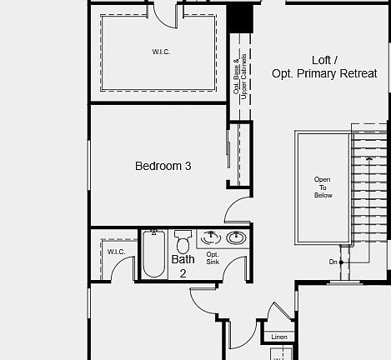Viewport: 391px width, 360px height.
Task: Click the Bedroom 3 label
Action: [163, 166]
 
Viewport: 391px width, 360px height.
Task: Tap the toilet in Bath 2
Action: [183, 242]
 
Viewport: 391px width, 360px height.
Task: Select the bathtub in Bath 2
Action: [153, 254]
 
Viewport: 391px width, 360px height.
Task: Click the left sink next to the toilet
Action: [211, 238]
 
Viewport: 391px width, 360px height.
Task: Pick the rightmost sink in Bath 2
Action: [236, 238]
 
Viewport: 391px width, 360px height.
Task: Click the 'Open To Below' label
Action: [323, 187]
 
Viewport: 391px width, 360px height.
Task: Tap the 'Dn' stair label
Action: [333, 262]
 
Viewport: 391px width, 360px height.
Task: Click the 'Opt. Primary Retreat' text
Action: [324, 73]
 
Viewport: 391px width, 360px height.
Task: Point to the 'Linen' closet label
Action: [278, 337]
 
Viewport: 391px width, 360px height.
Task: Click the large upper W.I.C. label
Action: [160, 52]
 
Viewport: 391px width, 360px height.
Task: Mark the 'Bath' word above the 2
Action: [183, 259]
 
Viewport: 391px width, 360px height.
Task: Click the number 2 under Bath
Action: [183, 272]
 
